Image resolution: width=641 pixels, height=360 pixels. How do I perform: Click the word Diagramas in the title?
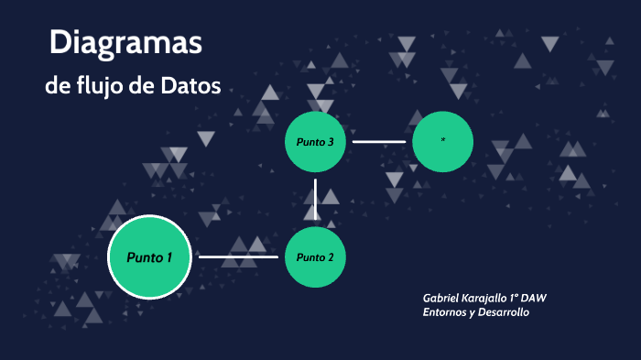click(x=125, y=43)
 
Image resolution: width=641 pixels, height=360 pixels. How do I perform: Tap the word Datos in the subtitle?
click(x=190, y=87)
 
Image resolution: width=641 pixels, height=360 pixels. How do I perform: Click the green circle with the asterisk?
click(x=442, y=141)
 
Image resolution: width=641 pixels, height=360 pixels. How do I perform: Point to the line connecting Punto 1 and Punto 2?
click(x=238, y=256)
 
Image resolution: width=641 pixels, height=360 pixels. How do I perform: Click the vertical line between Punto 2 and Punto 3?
click(x=315, y=199)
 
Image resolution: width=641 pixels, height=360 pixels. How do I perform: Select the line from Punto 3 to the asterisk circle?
click(x=379, y=142)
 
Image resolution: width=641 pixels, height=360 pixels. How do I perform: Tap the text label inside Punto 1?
click(x=149, y=256)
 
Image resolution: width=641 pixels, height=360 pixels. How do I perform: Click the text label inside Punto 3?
click(x=315, y=142)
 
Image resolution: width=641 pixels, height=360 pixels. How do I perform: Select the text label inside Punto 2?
click(x=315, y=256)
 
